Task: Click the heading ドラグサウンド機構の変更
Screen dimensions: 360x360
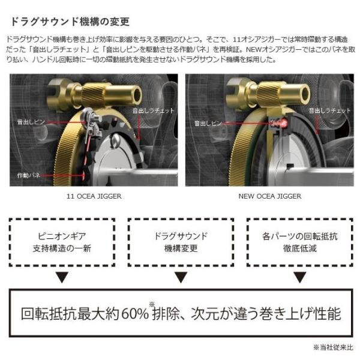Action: coord(70,22)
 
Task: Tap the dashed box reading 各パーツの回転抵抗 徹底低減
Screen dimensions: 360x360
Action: coord(299,242)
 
